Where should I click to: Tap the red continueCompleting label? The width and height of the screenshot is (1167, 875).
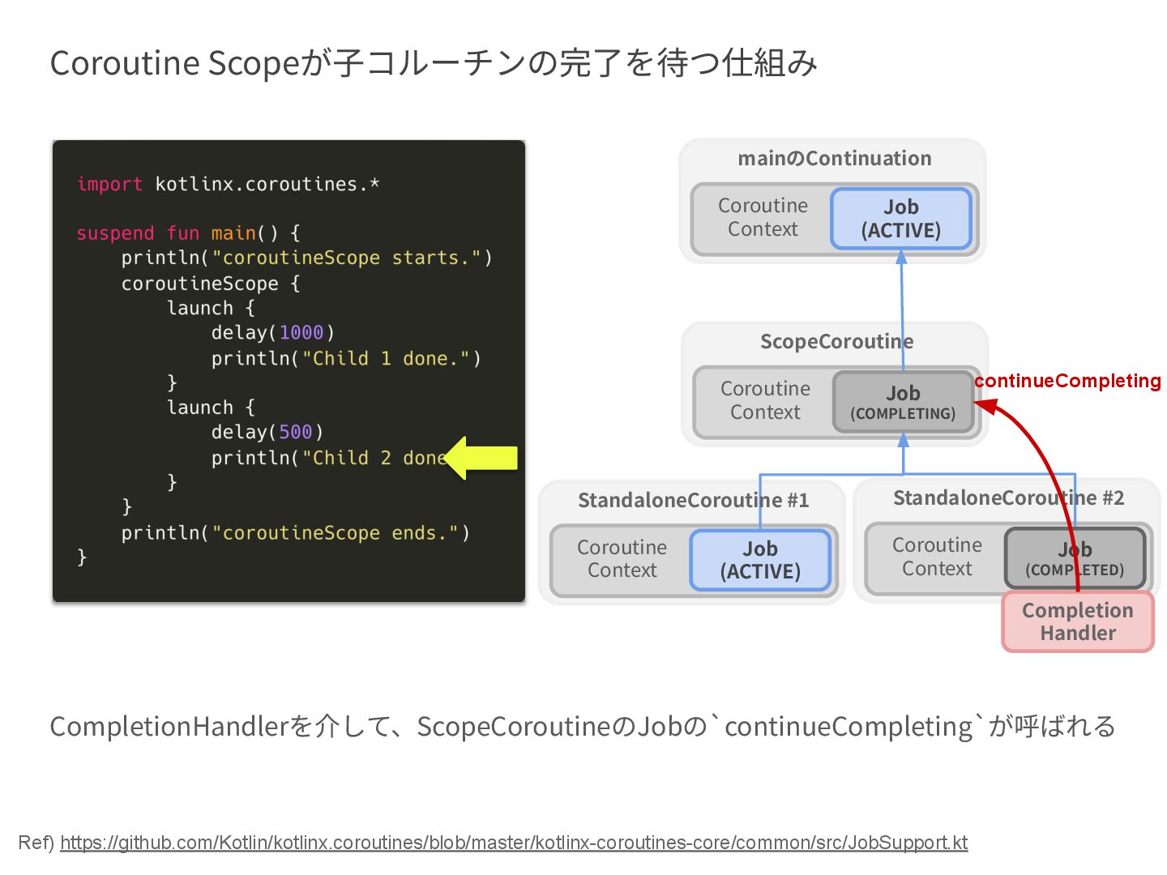tap(1067, 381)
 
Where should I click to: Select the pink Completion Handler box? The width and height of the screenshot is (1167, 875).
tap(1078, 621)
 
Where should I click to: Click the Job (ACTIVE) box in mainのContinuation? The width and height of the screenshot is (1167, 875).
tap(900, 219)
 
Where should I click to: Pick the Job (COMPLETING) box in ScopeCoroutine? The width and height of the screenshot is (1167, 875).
tap(903, 402)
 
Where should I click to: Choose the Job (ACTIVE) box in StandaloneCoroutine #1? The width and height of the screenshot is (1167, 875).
tap(760, 560)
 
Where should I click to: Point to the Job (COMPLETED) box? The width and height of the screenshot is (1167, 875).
tap(1075, 558)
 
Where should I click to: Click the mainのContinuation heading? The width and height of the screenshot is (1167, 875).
tap(834, 159)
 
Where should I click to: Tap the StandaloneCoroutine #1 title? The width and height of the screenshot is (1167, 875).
tap(693, 501)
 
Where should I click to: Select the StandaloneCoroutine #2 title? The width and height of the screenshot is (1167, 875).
tap(1008, 498)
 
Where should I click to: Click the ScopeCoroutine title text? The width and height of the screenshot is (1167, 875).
tap(836, 342)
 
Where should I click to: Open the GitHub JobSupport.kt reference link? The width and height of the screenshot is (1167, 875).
tap(514, 843)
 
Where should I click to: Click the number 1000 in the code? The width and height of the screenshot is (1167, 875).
tap(301, 333)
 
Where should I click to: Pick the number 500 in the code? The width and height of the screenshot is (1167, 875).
tap(295, 433)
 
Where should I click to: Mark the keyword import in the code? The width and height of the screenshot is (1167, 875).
tap(109, 185)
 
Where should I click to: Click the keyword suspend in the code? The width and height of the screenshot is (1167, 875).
tap(115, 233)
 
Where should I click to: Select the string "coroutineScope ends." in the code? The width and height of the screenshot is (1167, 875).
tap(336, 533)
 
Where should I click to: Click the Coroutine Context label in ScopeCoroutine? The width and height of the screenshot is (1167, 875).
tap(765, 400)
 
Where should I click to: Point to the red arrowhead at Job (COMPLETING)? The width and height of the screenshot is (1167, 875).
tap(985, 404)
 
